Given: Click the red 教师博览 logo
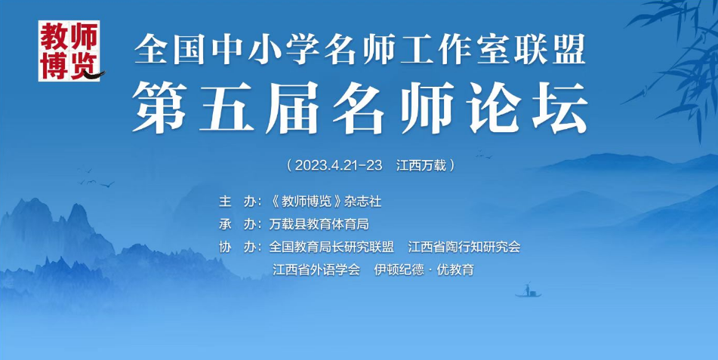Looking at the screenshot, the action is [x=69, y=51].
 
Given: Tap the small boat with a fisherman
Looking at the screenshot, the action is [x=528, y=291].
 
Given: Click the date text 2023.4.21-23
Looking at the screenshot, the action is [x=338, y=165].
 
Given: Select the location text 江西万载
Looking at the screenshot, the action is [x=421, y=165].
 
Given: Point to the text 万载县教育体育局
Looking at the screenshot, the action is [x=319, y=224].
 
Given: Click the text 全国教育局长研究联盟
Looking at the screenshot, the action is [x=331, y=247].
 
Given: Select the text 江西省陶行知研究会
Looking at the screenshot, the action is [x=464, y=247].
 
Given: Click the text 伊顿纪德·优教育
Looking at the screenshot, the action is [x=424, y=269].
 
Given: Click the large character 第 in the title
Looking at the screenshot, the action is [x=159, y=108].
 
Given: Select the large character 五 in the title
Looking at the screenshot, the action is [x=226, y=108].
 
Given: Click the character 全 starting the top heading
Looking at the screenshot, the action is [x=150, y=50].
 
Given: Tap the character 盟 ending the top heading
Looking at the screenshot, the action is [x=570, y=50].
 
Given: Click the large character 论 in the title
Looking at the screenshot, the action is [x=493, y=108].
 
